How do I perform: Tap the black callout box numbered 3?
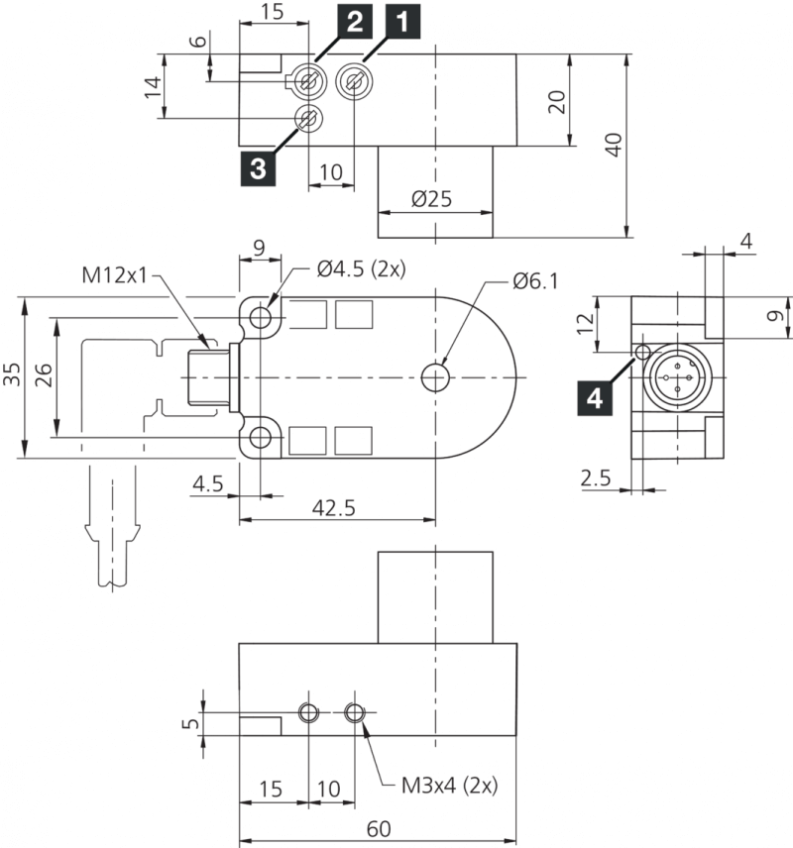(258, 167)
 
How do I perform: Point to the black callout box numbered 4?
(594, 398)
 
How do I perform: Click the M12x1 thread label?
(113, 274)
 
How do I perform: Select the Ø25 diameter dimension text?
(431, 198)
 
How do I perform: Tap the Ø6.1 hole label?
(535, 281)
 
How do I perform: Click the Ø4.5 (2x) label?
(361, 268)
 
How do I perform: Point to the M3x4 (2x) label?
(449, 786)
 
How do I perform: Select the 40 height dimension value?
(614, 144)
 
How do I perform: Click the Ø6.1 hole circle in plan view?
(435, 377)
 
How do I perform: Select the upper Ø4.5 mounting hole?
(261, 317)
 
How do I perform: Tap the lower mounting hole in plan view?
(261, 437)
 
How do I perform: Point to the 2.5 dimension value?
(597, 478)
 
